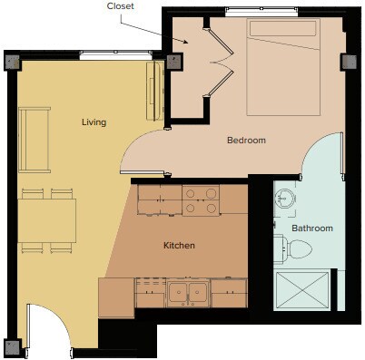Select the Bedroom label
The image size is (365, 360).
coord(246,141)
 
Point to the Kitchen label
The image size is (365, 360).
coord(179,245)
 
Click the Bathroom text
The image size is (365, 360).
coord(311,228)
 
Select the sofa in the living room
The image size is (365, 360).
coord(35,140)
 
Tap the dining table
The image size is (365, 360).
coord(46,221)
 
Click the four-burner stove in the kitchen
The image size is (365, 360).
coord(201,200)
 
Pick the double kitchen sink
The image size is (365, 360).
coord(190,292)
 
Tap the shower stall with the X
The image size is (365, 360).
coord(303,290)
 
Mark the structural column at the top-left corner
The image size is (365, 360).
coord(12,62)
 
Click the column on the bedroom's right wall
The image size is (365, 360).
coord(346,63)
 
